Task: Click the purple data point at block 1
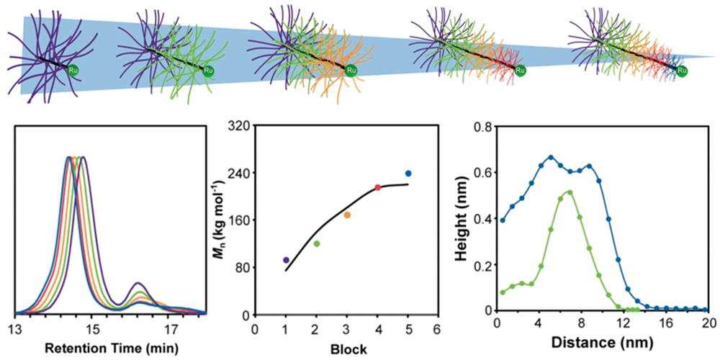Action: [286, 260]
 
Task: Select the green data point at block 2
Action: [316, 243]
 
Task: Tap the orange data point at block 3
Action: [346, 215]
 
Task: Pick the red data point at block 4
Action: [377, 188]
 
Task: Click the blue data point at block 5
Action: [408, 174]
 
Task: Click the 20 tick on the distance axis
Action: [708, 325]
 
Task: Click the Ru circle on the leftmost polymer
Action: [73, 70]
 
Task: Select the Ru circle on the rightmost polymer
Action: [681, 70]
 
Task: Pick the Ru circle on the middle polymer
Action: [351, 70]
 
